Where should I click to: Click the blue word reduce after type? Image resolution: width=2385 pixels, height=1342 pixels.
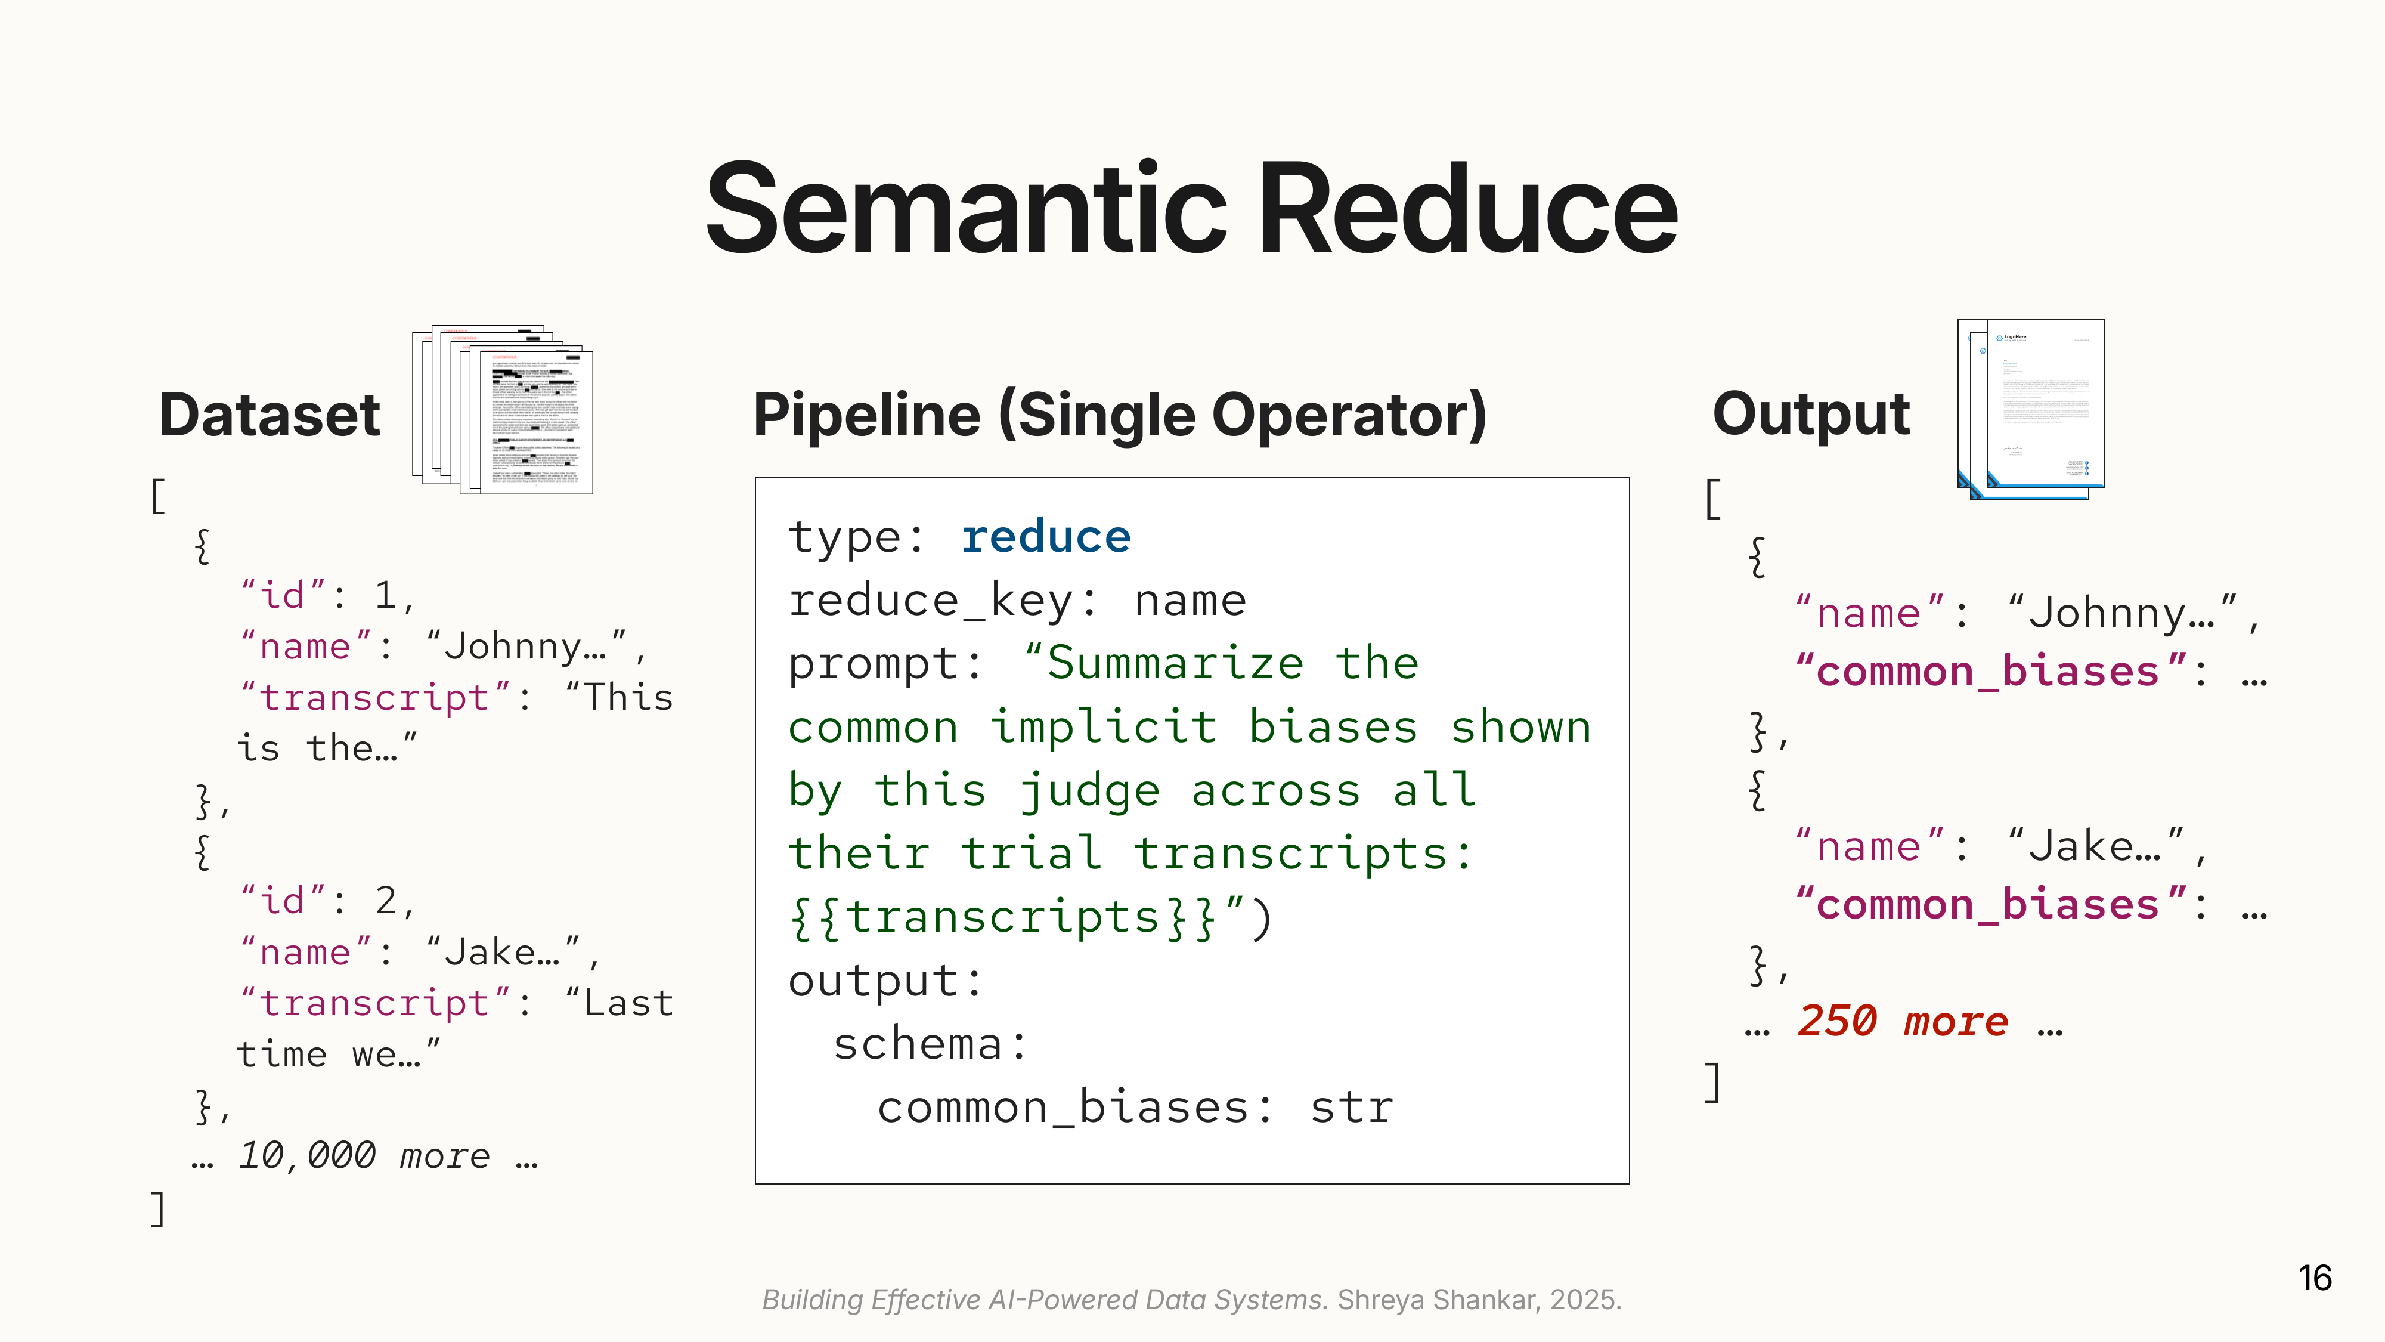coord(1045,537)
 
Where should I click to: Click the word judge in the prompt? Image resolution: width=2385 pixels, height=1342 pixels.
coord(1089,790)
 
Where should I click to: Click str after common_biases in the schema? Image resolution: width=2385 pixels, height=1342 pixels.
coord(1351,1108)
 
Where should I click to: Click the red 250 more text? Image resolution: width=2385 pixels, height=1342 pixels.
coord(1903,1022)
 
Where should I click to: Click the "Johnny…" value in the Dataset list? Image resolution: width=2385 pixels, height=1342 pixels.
coord(526,647)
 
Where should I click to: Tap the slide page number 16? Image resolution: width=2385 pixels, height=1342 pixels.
coord(2313,1278)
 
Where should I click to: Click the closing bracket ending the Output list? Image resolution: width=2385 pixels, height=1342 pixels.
coord(1713,1082)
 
